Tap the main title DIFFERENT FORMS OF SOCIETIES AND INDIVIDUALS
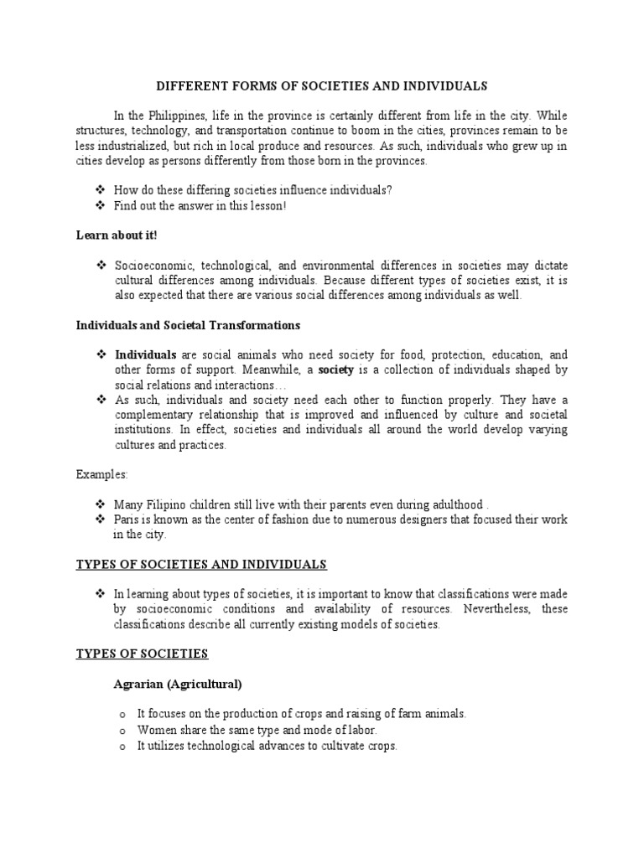pos(322,86)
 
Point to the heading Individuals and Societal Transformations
pos(188,324)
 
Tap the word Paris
pos(128,519)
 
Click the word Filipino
pos(164,504)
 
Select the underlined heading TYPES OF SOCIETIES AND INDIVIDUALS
pos(201,564)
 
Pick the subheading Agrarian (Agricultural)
pos(178,685)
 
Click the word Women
pos(157,730)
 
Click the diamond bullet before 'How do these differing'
pos(102,190)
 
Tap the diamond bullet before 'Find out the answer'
pos(102,205)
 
